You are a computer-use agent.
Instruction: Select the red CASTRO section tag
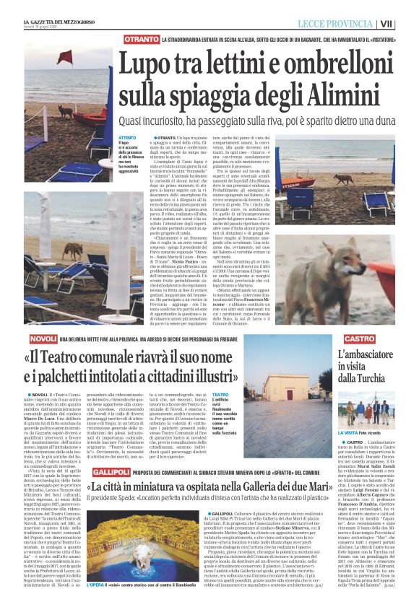[359, 339]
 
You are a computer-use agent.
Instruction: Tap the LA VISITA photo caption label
[350, 432]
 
